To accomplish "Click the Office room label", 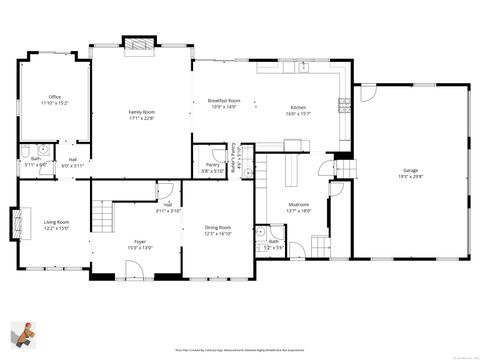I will tap(54, 97).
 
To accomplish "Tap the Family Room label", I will tap(141, 112).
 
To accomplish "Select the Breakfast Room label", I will tap(224, 101).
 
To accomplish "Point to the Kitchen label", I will tap(298, 108).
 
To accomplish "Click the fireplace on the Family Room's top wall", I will tap(139, 42).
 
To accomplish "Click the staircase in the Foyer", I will tap(100, 214).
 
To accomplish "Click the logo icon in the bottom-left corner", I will tap(24, 335).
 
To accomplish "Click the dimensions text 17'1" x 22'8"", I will tap(141, 118).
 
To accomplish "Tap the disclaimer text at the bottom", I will tap(239, 351).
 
